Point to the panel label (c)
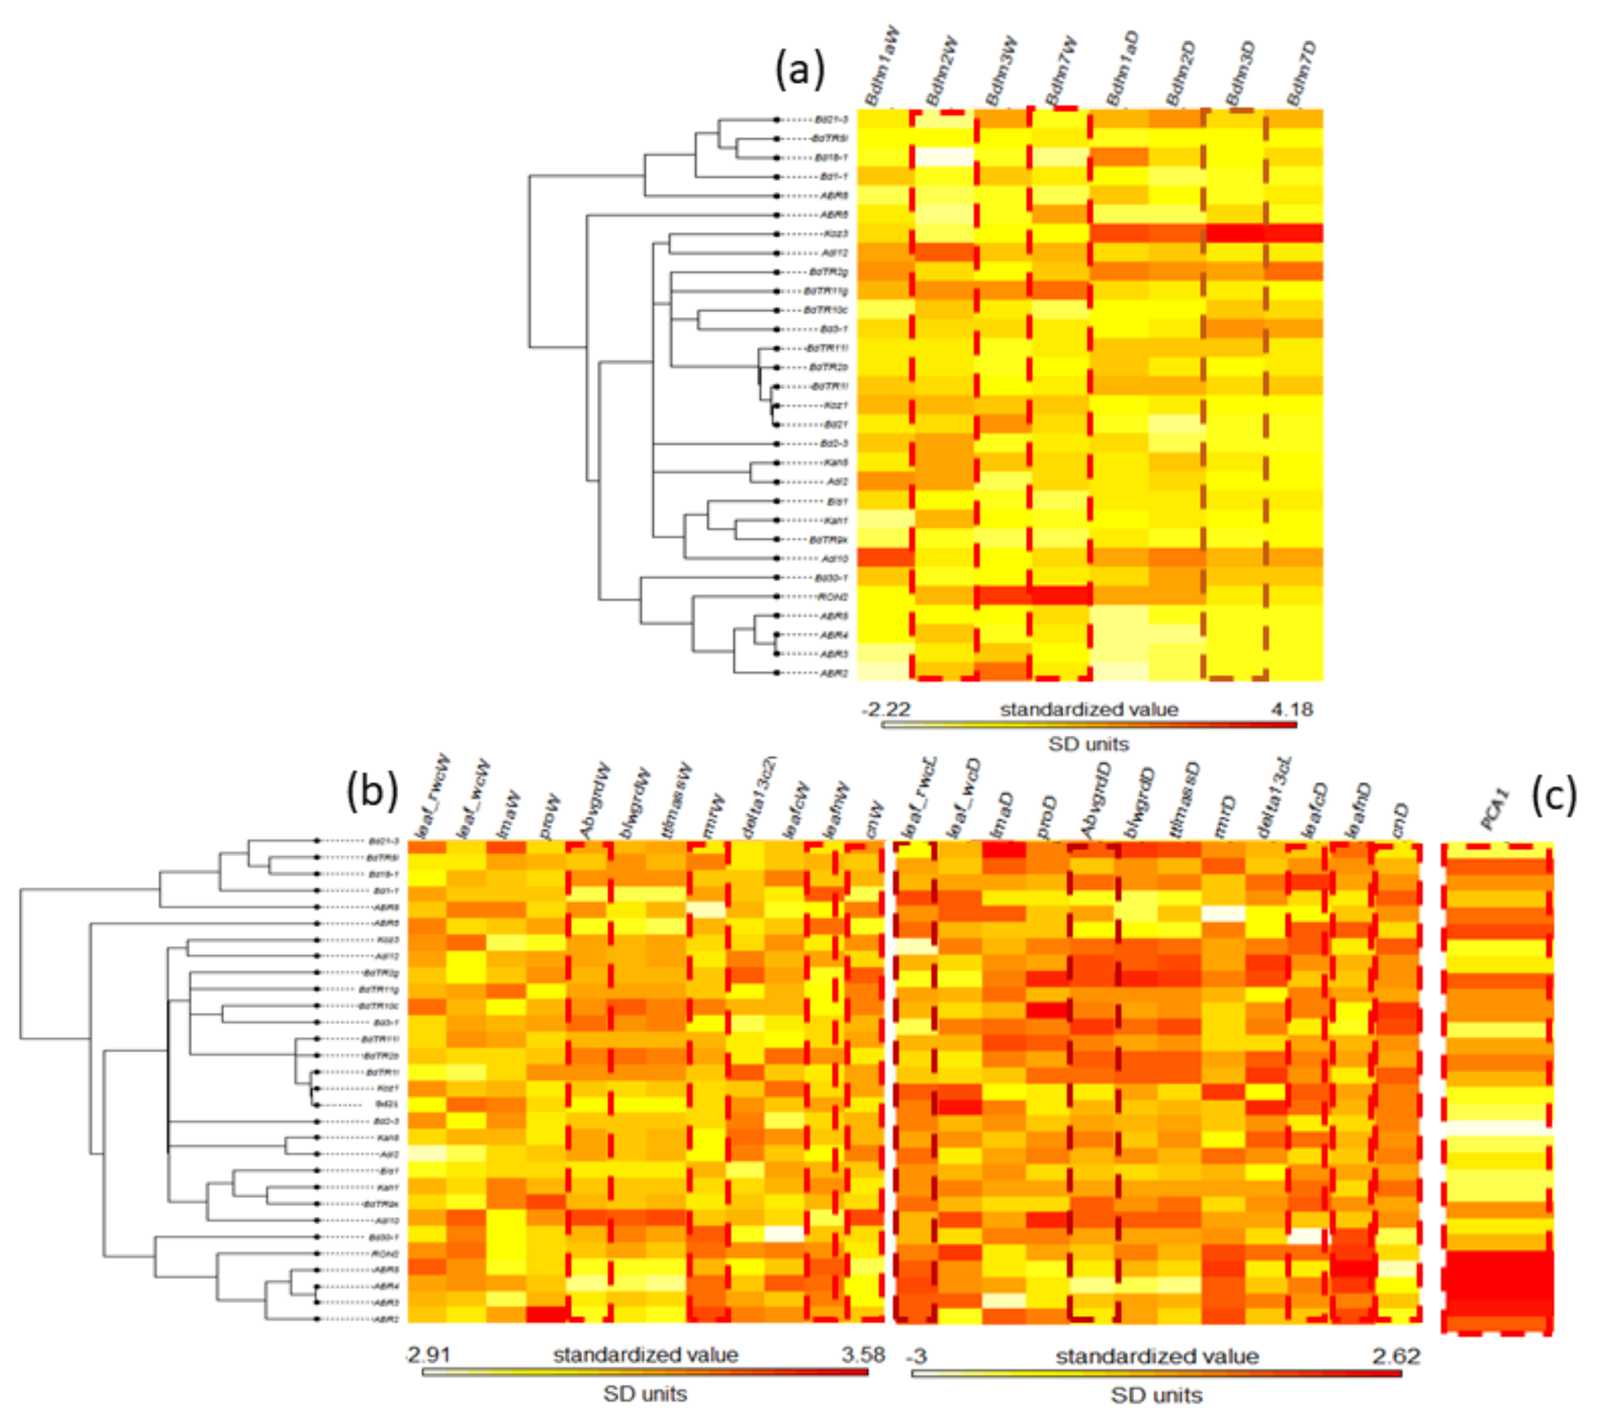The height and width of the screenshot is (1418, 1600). click(x=1553, y=795)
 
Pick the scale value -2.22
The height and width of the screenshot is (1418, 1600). click(x=886, y=710)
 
